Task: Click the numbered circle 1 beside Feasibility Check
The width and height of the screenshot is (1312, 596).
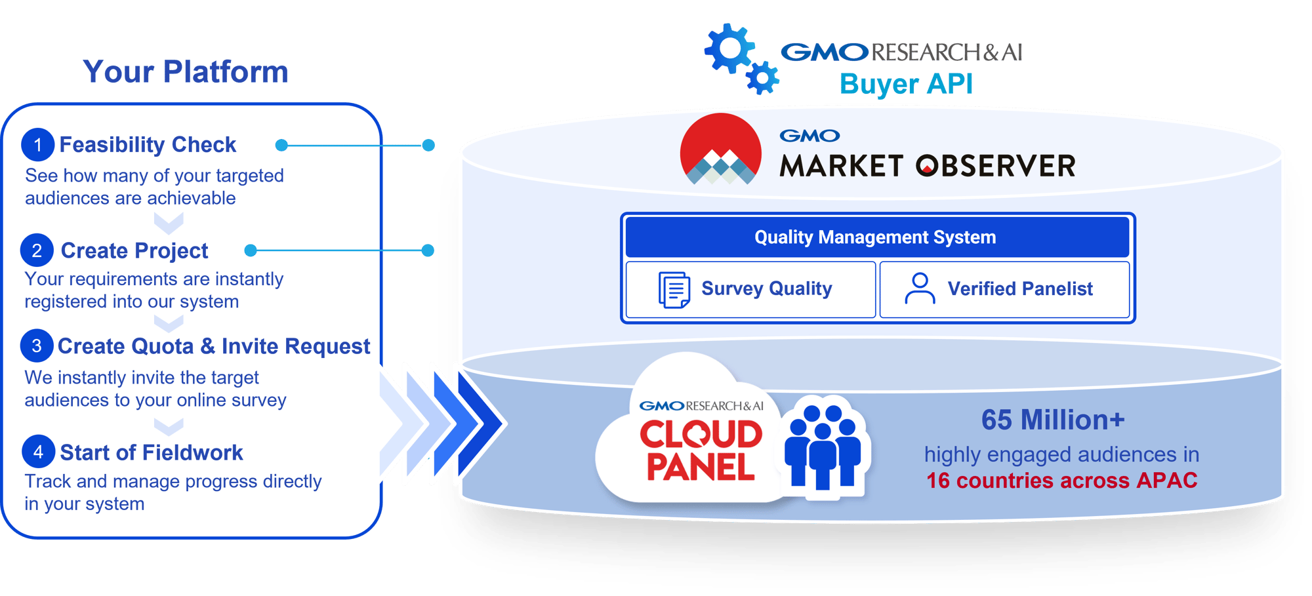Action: click(x=37, y=145)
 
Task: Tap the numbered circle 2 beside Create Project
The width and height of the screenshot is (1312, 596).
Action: click(x=37, y=250)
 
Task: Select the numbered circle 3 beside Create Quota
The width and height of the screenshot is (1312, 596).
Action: click(x=37, y=346)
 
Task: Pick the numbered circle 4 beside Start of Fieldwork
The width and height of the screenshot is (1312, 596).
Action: click(x=38, y=452)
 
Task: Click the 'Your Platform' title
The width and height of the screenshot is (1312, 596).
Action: click(x=186, y=71)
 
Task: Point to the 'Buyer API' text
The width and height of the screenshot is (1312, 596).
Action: click(x=906, y=84)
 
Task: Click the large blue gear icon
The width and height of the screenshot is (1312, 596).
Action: click(x=729, y=49)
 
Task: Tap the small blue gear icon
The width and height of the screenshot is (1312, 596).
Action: click(x=763, y=79)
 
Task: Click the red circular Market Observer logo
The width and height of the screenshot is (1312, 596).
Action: click(x=720, y=149)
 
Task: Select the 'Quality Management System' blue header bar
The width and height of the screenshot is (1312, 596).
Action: click(x=876, y=237)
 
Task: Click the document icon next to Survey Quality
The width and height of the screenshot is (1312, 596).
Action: click(x=674, y=290)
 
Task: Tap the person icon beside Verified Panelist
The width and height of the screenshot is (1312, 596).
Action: click(x=920, y=289)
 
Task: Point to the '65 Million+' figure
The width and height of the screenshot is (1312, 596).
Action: click(x=1052, y=420)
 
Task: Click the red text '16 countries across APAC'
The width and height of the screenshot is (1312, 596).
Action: click(x=1061, y=481)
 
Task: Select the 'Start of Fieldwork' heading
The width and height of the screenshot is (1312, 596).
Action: click(x=151, y=452)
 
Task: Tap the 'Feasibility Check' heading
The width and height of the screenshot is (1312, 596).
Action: click(x=148, y=145)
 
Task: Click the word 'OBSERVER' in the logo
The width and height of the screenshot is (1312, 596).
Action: click(x=995, y=167)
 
